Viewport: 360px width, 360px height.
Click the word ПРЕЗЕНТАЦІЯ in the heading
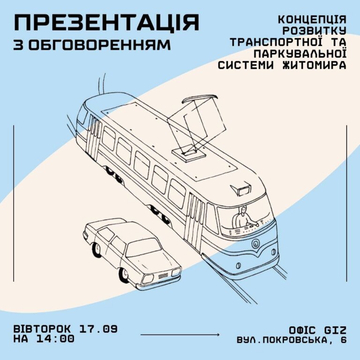(106, 22)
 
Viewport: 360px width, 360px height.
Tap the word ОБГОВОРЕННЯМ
(100, 45)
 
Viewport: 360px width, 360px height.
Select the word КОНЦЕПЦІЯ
(312, 20)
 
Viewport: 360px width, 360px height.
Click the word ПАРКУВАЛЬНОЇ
(300, 53)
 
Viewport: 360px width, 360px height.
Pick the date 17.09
(98, 329)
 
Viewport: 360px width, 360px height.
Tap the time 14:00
(55, 339)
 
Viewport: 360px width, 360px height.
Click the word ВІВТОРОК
(42, 329)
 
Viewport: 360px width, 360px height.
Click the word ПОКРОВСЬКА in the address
(295, 340)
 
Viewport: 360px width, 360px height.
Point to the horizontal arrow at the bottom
(180, 335)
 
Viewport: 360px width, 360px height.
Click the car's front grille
(163, 276)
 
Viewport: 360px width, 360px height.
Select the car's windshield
(143, 247)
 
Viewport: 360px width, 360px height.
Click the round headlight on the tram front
(255, 243)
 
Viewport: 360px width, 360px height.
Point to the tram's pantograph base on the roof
(188, 154)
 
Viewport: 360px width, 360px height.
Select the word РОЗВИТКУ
(314, 31)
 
